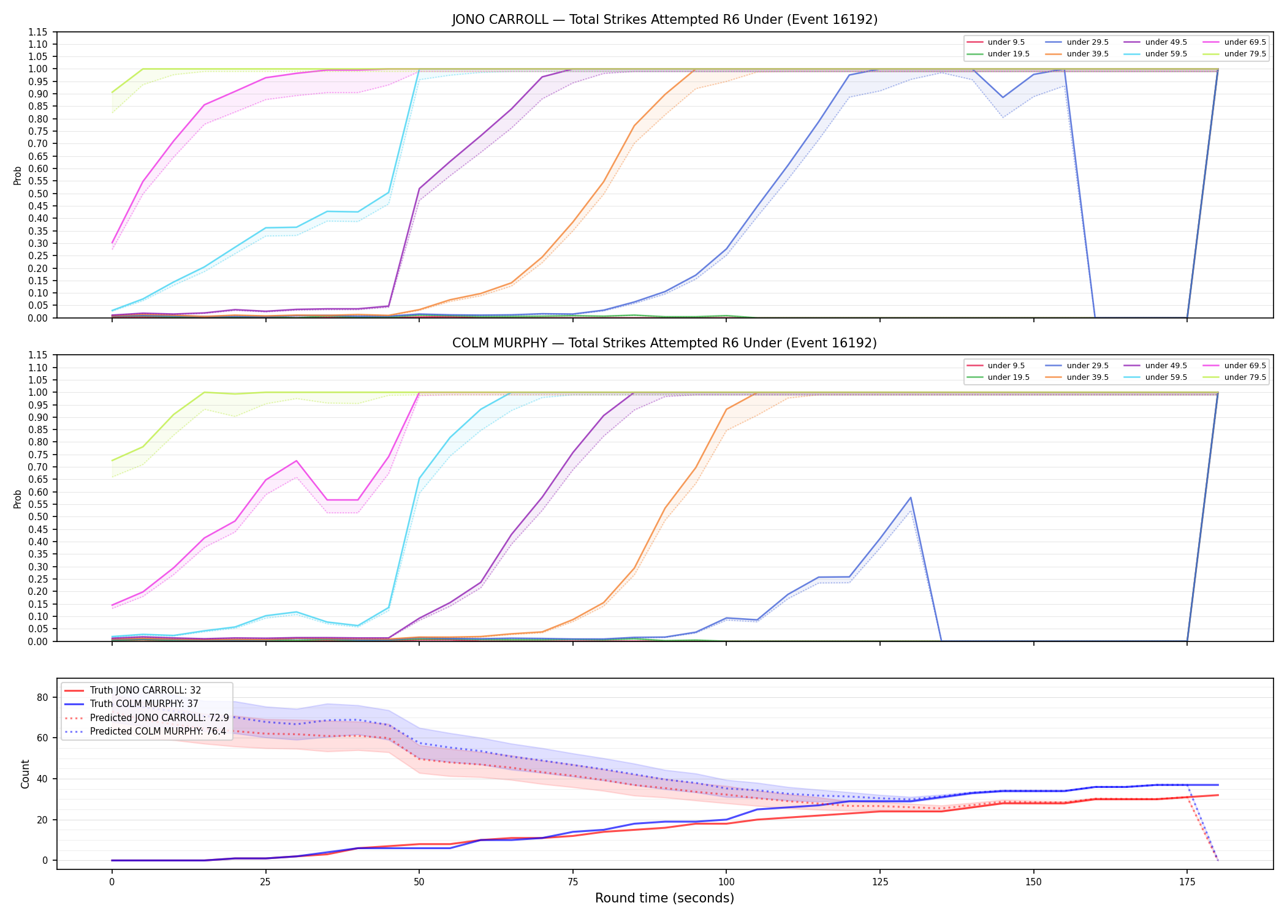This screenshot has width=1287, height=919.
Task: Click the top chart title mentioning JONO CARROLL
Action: click(665, 20)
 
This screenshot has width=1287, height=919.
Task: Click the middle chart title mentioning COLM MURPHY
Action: click(665, 343)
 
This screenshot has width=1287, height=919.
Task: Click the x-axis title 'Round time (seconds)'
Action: click(665, 898)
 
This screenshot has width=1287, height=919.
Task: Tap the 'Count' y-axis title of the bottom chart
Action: click(25, 774)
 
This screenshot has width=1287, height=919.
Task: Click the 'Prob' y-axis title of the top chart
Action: click(18, 175)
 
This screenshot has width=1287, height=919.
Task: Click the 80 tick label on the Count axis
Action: click(42, 697)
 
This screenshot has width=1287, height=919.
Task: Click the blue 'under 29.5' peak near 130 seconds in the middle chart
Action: click(911, 497)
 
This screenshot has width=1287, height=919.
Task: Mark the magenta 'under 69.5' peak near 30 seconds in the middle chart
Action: click(296, 461)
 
